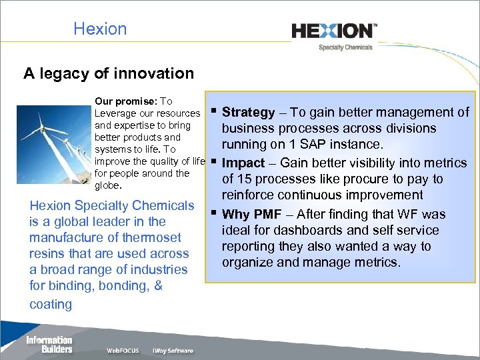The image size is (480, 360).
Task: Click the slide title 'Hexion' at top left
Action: click(100, 29)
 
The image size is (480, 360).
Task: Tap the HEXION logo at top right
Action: click(334, 31)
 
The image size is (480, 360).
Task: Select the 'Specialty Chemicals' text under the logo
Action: click(345, 47)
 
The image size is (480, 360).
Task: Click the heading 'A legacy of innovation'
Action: click(109, 73)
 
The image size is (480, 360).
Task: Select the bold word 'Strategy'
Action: click(248, 113)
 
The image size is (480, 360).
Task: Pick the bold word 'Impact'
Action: click(244, 163)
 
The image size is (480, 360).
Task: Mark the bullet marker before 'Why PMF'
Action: click(213, 213)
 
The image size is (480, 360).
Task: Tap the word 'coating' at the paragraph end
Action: click(51, 304)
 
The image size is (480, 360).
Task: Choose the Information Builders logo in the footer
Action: click(49, 345)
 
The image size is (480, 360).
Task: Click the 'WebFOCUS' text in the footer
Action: click(123, 351)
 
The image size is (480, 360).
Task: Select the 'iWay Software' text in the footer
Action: click(173, 351)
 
